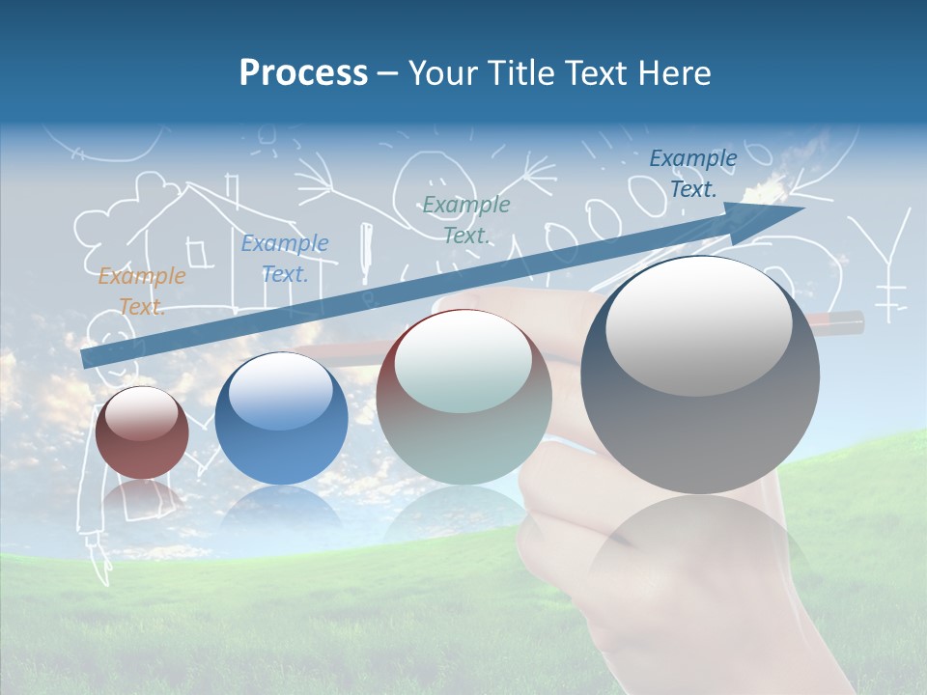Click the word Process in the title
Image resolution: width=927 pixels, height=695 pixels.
pyautogui.click(x=303, y=73)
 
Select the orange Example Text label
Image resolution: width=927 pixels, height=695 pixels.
pyautogui.click(x=141, y=292)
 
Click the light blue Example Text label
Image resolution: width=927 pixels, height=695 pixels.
pyautogui.click(x=285, y=259)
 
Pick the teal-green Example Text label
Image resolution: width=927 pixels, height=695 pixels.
pyautogui.click(x=466, y=219)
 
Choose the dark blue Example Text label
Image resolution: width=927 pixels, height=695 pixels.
pyautogui.click(x=693, y=174)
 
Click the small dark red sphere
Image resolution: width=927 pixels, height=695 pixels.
pyautogui.click(x=142, y=434)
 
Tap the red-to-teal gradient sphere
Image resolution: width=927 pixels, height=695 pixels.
pyautogui.click(x=463, y=398)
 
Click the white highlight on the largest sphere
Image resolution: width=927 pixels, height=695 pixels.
pyautogui.click(x=698, y=324)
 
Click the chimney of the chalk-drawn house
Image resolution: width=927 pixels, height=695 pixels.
pyautogui.click(x=232, y=190)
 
